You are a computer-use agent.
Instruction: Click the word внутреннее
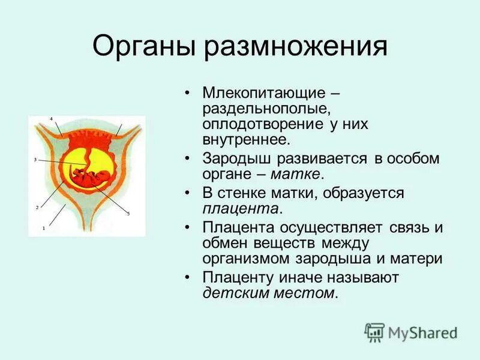tap(246, 140)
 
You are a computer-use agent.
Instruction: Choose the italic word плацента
tap(241, 209)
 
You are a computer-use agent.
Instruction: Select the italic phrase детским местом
tap(269, 293)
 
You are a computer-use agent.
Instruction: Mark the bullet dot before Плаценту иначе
tap(188, 278)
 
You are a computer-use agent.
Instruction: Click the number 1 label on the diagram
tap(43, 228)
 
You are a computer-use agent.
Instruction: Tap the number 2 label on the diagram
tap(37, 208)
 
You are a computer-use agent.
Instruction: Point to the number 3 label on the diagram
tap(35, 160)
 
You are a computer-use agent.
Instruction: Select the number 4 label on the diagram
tap(51, 119)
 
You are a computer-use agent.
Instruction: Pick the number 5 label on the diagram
tap(128, 213)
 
